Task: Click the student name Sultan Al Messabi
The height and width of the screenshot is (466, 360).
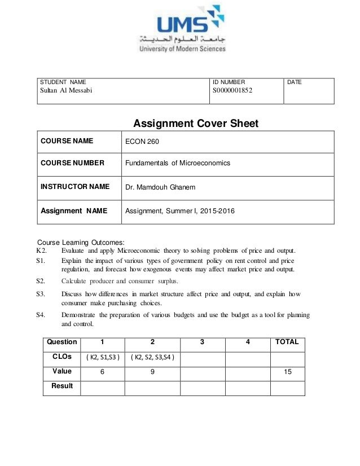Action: point(64,91)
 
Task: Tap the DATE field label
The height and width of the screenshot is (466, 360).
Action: point(295,82)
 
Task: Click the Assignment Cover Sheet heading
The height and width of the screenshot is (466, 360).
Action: point(195,124)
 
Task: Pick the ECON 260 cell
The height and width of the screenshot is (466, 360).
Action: point(138,142)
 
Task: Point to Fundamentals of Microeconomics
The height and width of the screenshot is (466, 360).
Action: point(178,163)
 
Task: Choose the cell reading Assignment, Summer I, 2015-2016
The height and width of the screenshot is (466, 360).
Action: point(180,212)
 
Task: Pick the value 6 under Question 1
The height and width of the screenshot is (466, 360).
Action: point(102,372)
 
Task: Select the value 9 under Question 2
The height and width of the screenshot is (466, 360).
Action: point(152,372)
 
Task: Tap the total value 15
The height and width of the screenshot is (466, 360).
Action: point(287,372)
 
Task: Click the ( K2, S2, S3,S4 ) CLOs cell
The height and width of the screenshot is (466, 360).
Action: point(152,357)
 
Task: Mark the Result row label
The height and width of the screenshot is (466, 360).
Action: point(62,386)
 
